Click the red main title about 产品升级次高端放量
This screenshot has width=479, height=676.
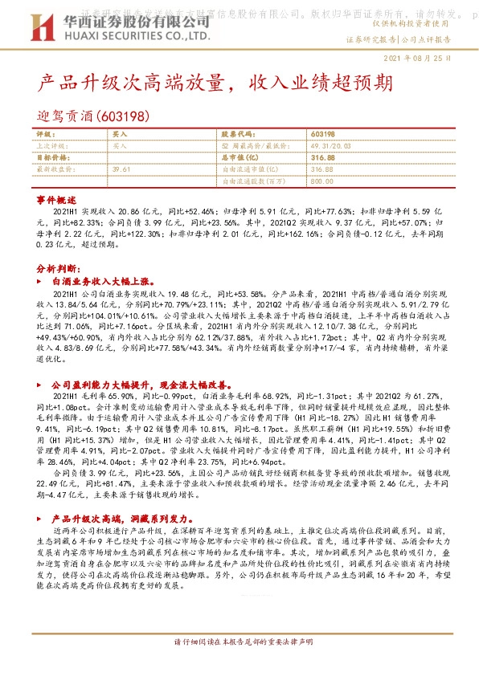[215, 83]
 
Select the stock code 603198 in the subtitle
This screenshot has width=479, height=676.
[123, 116]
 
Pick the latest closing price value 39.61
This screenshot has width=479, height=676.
[121, 169]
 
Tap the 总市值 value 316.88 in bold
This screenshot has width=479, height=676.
[322, 158]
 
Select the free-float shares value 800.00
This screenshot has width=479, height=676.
[322, 181]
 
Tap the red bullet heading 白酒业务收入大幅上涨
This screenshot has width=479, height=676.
[108, 283]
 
